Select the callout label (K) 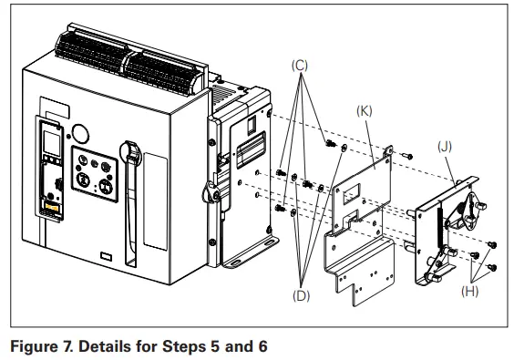[x=365, y=110]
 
